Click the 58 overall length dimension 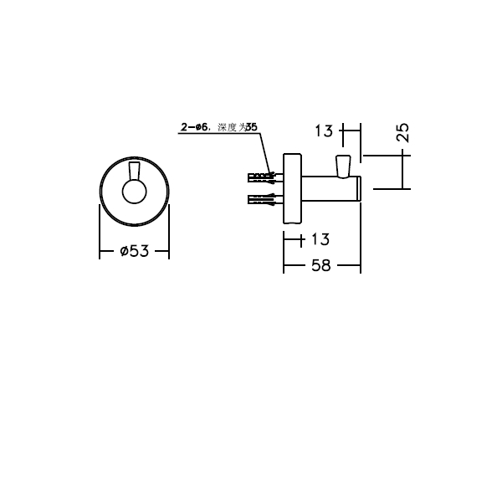pos(320,265)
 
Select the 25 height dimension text pos(402,131)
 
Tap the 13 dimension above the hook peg pos(324,131)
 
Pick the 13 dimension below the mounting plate pos(319,240)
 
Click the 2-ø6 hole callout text pos(194,127)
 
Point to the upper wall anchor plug pos(263,178)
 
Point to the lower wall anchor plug pos(263,200)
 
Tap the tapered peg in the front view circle pos(134,173)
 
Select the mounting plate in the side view pos(292,189)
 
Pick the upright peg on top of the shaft pos(341,166)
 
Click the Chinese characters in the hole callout pos(229,127)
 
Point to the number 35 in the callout pos(252,127)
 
